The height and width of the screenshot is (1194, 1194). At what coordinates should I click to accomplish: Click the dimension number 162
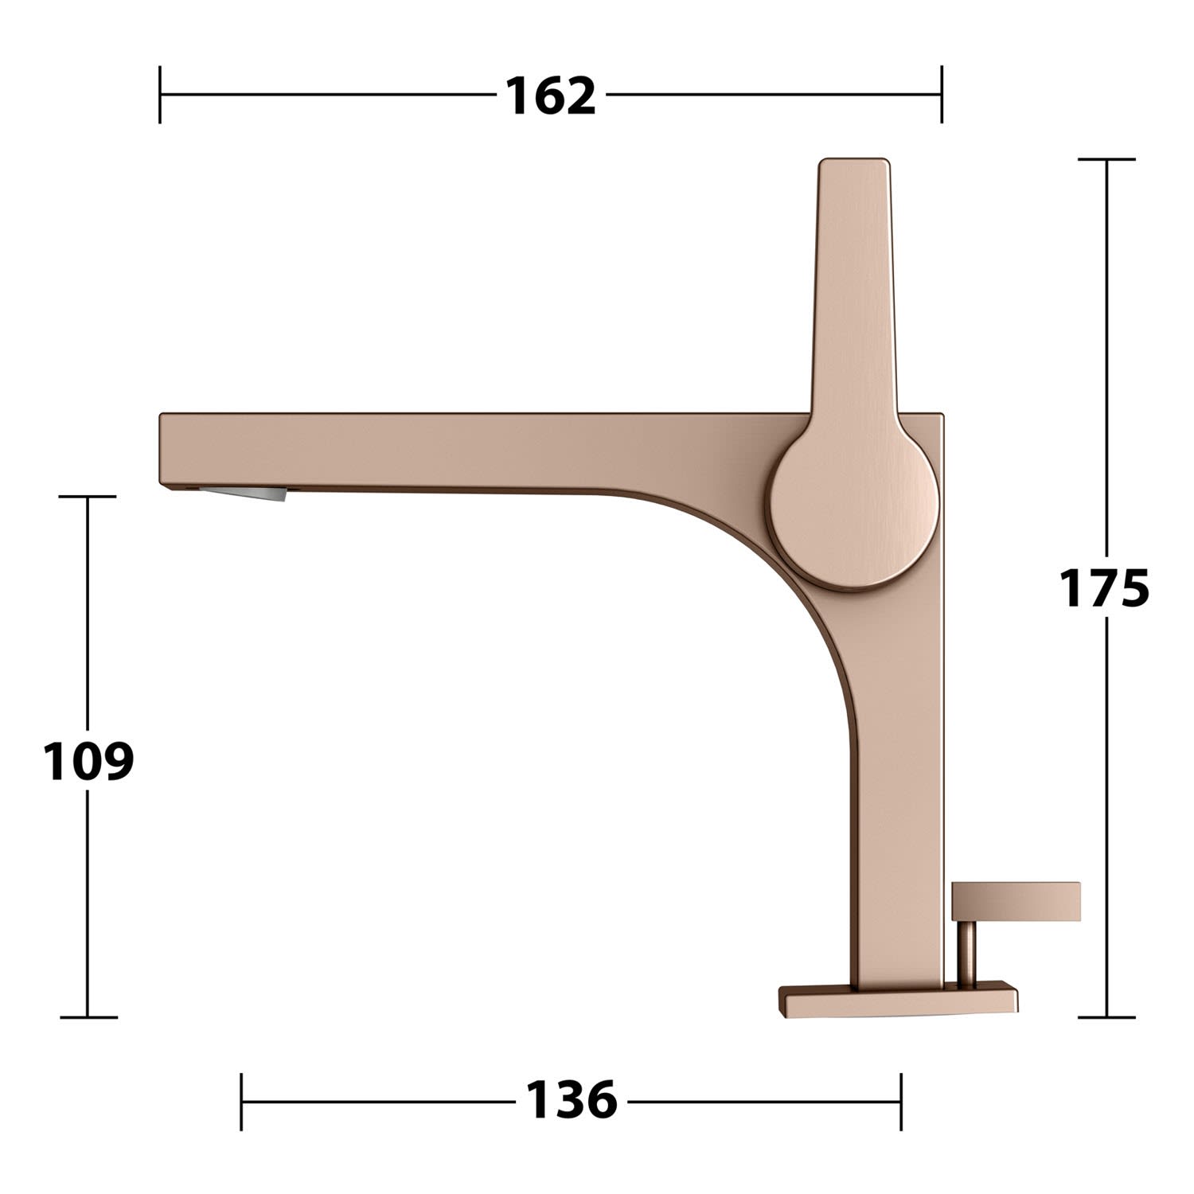tap(551, 96)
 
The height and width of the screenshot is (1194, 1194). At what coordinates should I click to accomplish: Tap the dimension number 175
tap(1103, 589)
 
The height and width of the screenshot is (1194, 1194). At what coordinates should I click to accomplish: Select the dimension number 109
tap(88, 761)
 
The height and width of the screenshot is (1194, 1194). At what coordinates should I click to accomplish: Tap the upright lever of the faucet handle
tap(854, 287)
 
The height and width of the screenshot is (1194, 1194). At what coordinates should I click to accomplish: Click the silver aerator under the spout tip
tap(243, 494)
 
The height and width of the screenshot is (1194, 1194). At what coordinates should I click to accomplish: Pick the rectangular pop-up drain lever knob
tap(1016, 902)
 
